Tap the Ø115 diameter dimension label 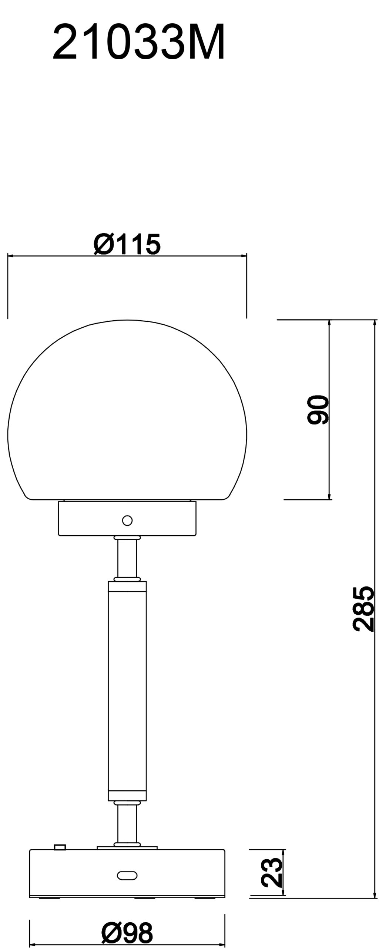coord(127,244)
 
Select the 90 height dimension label coord(318,409)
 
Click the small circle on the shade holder coord(127,520)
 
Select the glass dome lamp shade coord(127,410)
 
